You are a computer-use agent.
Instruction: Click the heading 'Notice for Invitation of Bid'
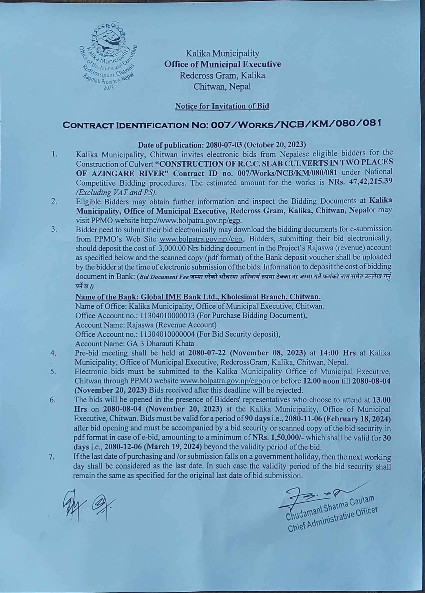click(x=222, y=106)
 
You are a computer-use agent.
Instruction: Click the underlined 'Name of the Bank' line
click(x=198, y=297)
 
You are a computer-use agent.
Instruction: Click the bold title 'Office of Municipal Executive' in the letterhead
click(x=222, y=64)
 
